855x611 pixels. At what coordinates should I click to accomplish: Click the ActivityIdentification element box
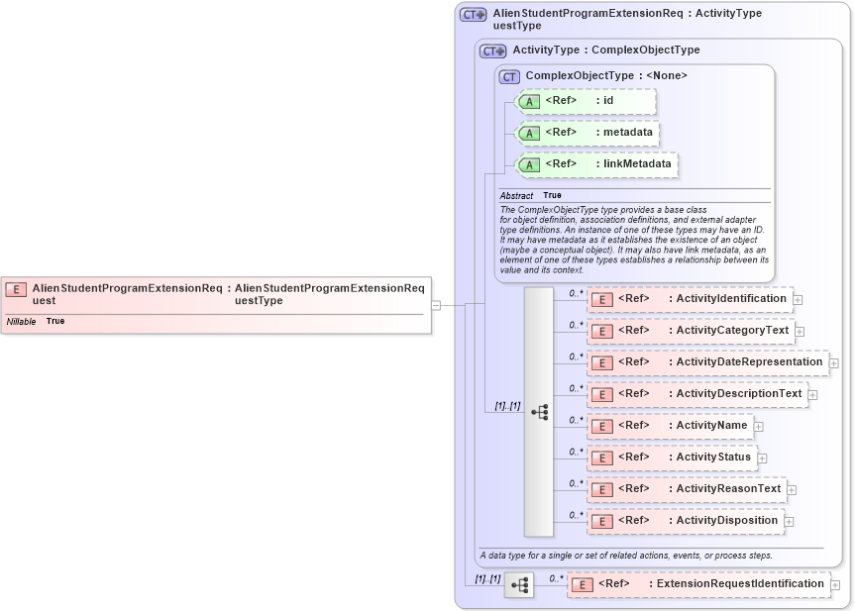point(690,299)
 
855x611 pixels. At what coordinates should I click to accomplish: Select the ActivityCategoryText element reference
point(691,331)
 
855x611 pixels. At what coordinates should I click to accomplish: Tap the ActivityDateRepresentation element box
point(707,362)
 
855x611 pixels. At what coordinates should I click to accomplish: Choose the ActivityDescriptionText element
point(696,394)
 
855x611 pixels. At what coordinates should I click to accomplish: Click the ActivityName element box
point(670,426)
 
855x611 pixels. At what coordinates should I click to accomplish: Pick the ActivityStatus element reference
point(672,458)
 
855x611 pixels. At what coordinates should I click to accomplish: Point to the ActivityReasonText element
point(687,489)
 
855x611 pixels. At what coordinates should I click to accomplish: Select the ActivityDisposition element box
point(685,521)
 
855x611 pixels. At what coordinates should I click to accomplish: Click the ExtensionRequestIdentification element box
point(698,584)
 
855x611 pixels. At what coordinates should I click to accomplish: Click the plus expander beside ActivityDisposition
point(789,522)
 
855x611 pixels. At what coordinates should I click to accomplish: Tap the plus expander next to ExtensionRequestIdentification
point(835,585)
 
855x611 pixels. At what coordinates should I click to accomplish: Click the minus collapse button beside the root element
point(436,305)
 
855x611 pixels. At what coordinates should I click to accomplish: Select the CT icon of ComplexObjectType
point(510,76)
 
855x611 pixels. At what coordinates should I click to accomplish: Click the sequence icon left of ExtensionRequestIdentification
point(518,585)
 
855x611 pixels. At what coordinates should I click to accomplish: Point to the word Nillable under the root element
point(22,321)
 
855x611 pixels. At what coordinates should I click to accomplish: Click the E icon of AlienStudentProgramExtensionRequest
point(16,289)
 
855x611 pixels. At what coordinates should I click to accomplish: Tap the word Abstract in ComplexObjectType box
point(516,196)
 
